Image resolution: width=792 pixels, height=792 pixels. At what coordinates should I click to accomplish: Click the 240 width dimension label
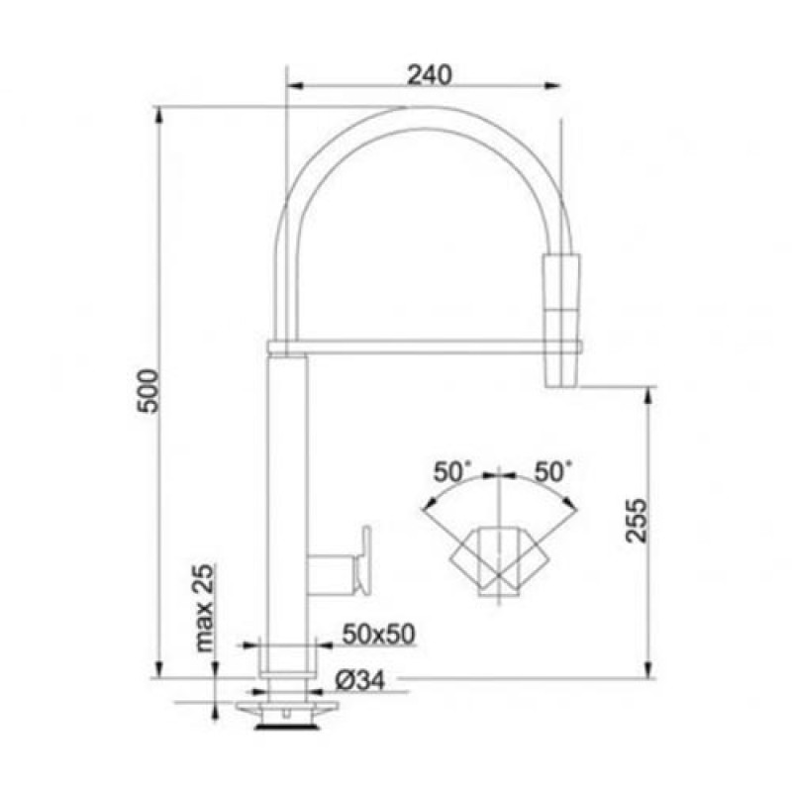(430, 75)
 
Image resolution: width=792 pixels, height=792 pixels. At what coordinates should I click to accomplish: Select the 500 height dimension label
(149, 391)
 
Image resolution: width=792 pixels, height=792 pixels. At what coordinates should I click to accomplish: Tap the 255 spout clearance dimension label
(636, 521)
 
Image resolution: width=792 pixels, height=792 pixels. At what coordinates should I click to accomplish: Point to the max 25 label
(204, 609)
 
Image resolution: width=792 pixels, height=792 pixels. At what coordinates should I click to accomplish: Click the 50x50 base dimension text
(379, 634)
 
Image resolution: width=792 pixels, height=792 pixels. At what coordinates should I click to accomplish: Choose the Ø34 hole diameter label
(359, 680)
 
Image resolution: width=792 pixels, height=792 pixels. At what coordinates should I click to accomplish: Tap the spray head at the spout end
(561, 321)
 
